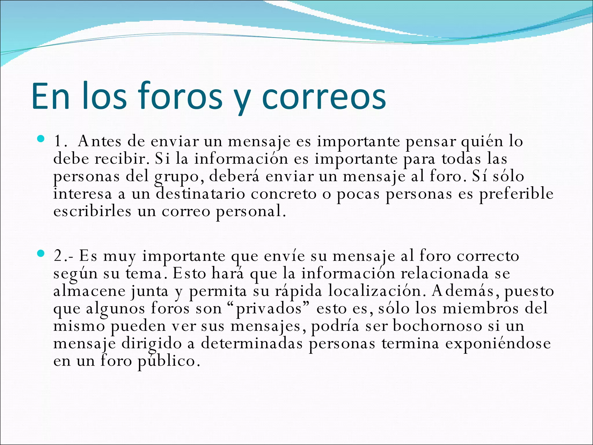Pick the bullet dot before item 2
(41, 254)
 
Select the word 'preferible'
(516, 194)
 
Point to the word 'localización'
(375, 291)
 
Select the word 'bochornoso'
(437, 326)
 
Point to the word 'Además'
(466, 291)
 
